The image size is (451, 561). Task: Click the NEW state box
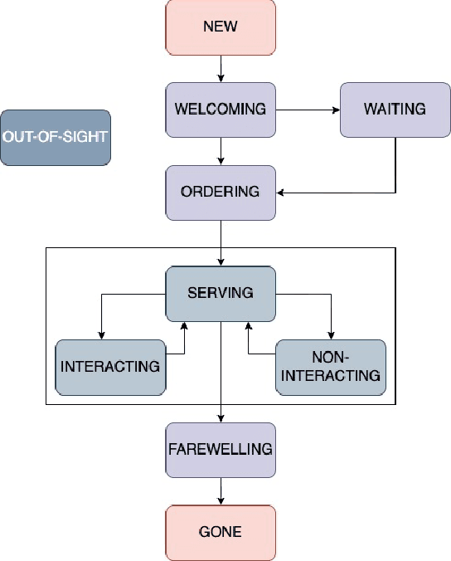(221, 27)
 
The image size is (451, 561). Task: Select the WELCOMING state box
(221, 110)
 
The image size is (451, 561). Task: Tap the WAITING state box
(395, 110)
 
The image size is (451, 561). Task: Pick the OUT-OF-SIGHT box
(56, 137)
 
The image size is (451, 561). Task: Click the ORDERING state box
(221, 192)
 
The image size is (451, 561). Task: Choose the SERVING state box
(221, 293)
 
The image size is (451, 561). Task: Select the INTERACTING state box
(109, 366)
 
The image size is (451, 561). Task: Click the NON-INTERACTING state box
(331, 366)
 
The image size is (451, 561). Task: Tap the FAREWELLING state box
(221, 449)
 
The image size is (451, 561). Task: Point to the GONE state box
(221, 531)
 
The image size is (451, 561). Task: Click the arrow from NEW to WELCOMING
(221, 68)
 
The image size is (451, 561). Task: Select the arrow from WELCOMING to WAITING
(308, 110)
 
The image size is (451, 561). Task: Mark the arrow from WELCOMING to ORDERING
(221, 150)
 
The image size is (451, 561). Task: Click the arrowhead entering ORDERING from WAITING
(281, 193)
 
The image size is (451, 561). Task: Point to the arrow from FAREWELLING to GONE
(221, 490)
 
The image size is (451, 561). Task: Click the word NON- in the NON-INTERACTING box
(331, 358)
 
